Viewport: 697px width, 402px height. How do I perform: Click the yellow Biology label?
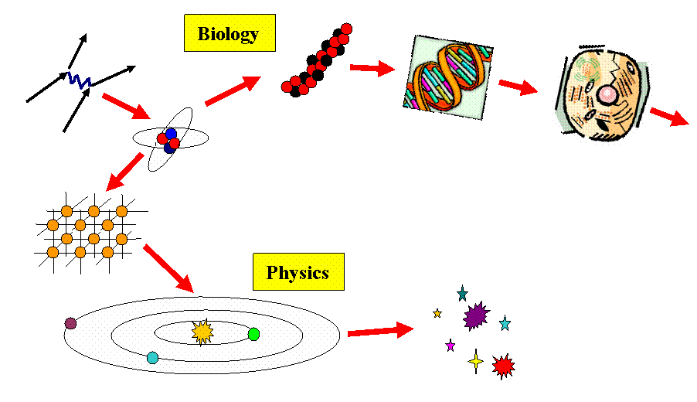(x=229, y=34)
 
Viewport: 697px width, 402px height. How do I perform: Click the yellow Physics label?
(x=298, y=272)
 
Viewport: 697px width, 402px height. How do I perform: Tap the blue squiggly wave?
(x=80, y=80)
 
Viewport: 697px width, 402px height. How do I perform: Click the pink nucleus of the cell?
(x=608, y=94)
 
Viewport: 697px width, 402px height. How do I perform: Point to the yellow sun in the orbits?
(x=202, y=332)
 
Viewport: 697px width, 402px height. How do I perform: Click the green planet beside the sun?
(x=253, y=334)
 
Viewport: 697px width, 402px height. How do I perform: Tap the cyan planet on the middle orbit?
(x=152, y=358)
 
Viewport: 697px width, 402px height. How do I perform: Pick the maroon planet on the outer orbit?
(x=71, y=323)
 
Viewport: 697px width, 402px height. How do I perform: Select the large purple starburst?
(x=475, y=315)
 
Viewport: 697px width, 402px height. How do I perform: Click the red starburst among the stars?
(x=504, y=366)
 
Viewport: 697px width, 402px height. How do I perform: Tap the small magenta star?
(x=450, y=346)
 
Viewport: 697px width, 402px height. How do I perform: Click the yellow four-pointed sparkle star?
(x=476, y=361)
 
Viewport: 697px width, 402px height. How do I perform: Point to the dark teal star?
(x=462, y=294)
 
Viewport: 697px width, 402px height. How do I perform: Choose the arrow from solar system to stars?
(x=380, y=331)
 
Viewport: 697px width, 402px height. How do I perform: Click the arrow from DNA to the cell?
(x=517, y=86)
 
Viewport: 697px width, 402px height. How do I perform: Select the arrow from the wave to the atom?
(x=125, y=106)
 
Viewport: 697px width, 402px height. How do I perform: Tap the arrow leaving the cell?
(x=668, y=117)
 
